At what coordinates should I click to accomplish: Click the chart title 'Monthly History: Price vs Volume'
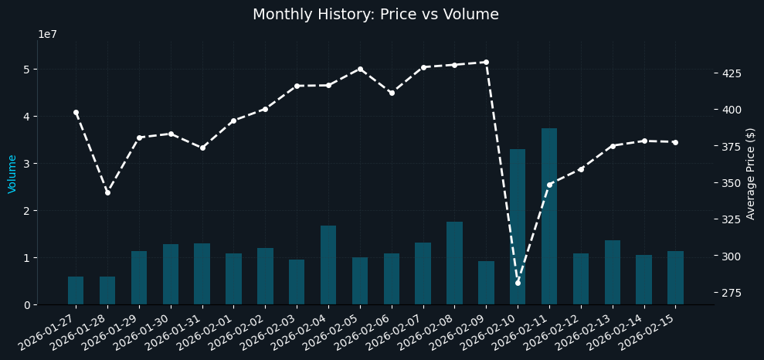click(375, 15)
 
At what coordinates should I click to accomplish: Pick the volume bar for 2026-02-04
click(328, 265)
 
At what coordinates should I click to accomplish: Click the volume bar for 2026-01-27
click(76, 290)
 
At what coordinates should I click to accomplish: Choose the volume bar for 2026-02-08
click(454, 263)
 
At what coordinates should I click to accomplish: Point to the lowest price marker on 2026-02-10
click(518, 283)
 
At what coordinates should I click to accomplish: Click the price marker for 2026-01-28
click(107, 192)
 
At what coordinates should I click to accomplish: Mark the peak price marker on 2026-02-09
click(486, 62)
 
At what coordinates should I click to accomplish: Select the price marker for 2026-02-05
click(360, 69)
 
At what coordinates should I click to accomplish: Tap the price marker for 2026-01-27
click(76, 112)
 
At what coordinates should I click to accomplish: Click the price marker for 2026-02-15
click(675, 142)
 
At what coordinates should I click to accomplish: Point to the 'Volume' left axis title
click(12, 173)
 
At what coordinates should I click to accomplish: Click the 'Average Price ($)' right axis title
click(751, 173)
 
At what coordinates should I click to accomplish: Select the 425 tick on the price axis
click(730, 73)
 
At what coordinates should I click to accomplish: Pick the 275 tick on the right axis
click(730, 293)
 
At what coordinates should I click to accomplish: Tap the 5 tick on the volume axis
click(26, 70)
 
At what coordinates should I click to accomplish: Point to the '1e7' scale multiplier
click(47, 35)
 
